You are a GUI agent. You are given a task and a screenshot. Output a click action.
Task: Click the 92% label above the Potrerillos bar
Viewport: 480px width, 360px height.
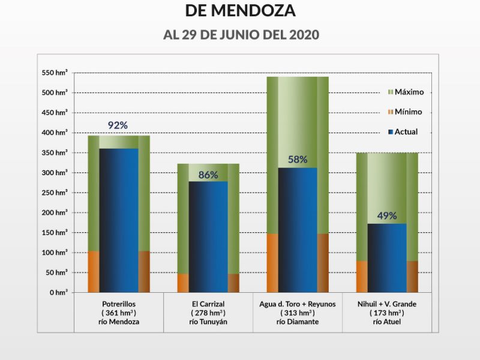click(x=118, y=125)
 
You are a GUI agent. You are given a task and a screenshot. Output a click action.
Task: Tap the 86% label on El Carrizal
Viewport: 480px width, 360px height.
click(x=208, y=176)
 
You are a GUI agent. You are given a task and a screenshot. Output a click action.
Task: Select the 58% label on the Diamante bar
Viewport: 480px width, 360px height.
click(x=297, y=160)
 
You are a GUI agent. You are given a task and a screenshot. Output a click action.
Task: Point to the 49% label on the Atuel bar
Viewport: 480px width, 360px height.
click(x=386, y=216)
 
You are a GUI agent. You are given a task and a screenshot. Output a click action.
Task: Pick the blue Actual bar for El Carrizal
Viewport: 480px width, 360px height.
click(x=208, y=237)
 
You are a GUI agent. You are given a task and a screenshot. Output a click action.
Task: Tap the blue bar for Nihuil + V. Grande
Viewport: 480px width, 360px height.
click(x=387, y=258)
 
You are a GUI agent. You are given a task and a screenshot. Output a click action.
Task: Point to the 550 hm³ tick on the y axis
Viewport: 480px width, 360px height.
click(x=55, y=73)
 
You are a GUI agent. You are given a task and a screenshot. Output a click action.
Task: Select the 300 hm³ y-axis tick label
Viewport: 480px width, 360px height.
click(x=55, y=173)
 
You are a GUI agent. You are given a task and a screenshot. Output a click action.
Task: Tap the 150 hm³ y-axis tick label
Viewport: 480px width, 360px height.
click(x=55, y=232)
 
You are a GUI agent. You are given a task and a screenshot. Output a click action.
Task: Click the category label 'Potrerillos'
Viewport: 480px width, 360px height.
click(x=119, y=304)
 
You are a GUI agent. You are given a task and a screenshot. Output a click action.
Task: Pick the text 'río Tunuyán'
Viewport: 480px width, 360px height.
click(x=208, y=322)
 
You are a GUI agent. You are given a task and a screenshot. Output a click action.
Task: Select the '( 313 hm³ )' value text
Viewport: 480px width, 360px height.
click(x=297, y=313)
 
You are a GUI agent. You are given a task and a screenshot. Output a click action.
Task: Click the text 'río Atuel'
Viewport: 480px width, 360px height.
click(x=386, y=322)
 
